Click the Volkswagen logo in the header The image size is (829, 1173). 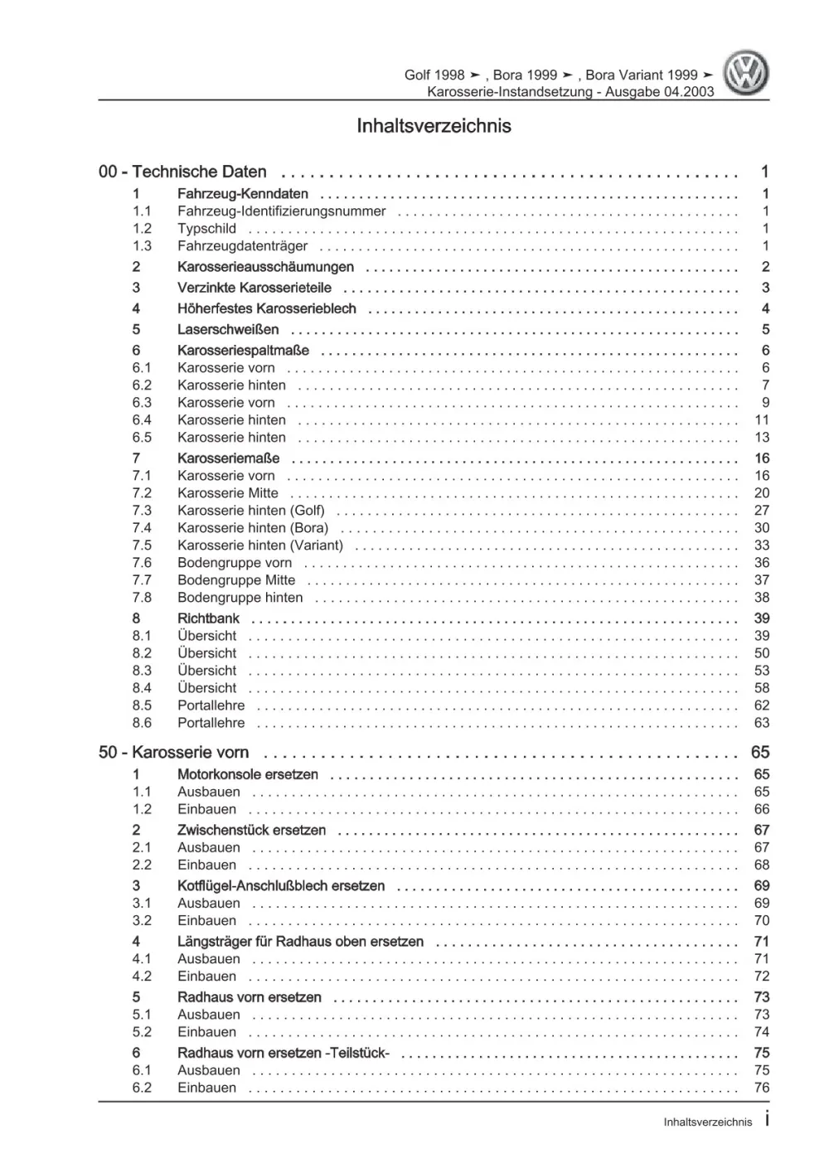point(746,74)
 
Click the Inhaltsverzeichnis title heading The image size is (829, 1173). point(434,126)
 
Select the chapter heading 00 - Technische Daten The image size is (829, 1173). point(182,172)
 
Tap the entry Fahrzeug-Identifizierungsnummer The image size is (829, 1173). point(281,211)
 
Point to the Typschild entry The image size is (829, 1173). point(206,229)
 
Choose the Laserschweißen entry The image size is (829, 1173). point(228,329)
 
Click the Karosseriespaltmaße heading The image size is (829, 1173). point(243,351)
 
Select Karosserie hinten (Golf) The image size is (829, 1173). point(250,511)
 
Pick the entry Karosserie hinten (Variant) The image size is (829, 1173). point(259,545)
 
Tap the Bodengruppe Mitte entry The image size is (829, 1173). point(235,580)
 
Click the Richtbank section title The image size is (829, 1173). point(208,618)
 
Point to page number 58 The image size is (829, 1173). point(762,688)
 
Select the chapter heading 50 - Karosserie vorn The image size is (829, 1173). point(173,753)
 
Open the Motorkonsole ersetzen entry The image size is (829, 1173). point(247,774)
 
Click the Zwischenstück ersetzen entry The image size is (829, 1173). point(251,830)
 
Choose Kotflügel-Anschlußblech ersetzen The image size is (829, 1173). point(280,885)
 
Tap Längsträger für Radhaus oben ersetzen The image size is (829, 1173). point(300,942)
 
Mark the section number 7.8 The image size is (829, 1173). point(142,598)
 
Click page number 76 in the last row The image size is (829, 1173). point(762,1088)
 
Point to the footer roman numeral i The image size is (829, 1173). point(767,1121)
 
